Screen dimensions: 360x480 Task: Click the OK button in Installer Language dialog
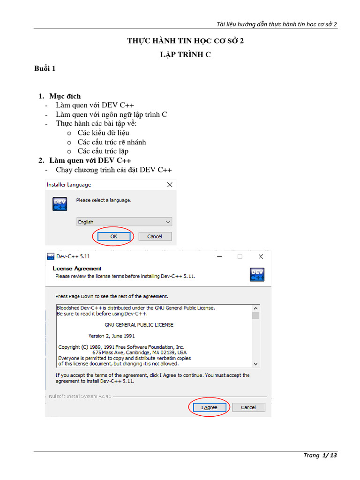[114, 236]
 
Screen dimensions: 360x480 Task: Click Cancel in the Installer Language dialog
[155, 236]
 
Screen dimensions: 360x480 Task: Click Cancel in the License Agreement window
[248, 407]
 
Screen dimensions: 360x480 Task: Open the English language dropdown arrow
[168, 222]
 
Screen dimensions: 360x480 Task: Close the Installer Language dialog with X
[170, 185]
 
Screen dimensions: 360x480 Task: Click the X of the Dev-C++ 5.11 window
[261, 256]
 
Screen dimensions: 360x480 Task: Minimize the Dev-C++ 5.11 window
[219, 256]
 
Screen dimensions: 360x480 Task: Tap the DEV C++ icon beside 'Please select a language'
[60, 204]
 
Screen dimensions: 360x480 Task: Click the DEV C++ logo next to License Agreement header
[257, 275]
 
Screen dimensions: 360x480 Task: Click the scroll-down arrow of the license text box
[255, 364]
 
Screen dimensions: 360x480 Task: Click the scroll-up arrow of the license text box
[255, 308]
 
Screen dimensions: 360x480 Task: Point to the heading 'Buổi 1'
[45, 68]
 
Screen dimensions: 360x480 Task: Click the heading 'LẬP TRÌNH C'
[186, 54]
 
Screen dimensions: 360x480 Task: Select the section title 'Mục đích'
[65, 97]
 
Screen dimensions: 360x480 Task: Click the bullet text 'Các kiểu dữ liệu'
[104, 133]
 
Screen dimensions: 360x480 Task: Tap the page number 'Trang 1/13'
[320, 455]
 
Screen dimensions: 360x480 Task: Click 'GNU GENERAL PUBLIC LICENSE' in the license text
[139, 325]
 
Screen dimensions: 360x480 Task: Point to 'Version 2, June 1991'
[112, 336]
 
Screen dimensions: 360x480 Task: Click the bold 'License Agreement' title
[77, 269]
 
